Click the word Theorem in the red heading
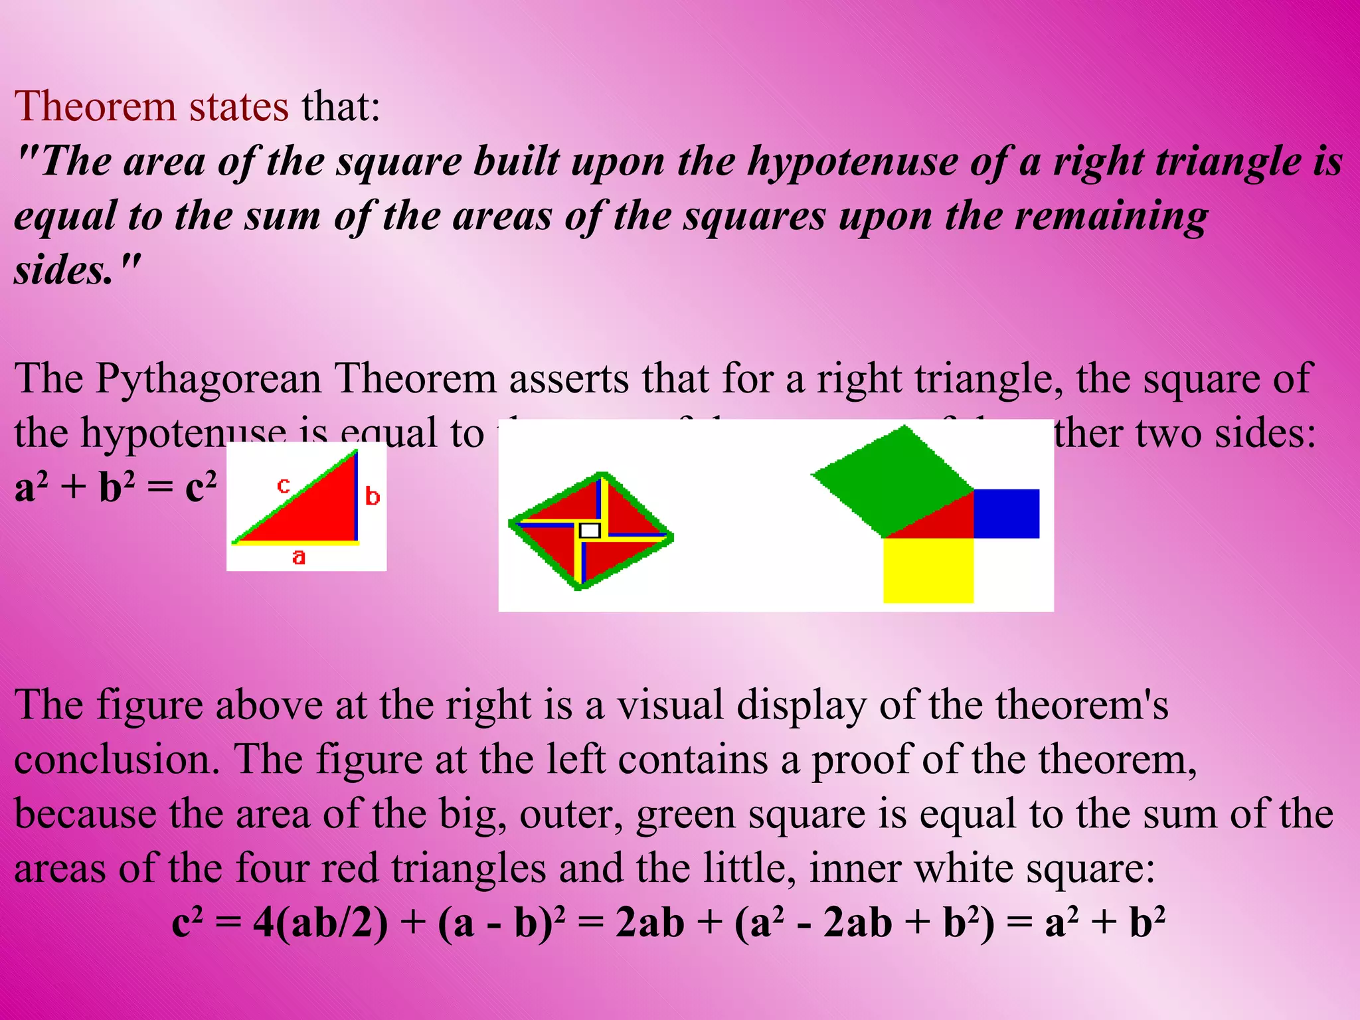95,106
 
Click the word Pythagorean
208,379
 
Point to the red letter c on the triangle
284,485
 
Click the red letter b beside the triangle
373,496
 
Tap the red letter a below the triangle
299,556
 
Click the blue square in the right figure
1006,513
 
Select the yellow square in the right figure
928,570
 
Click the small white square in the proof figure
590,530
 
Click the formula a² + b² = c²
116,488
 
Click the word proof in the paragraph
860,759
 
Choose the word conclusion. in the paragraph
117,759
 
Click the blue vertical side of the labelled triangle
357,495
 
